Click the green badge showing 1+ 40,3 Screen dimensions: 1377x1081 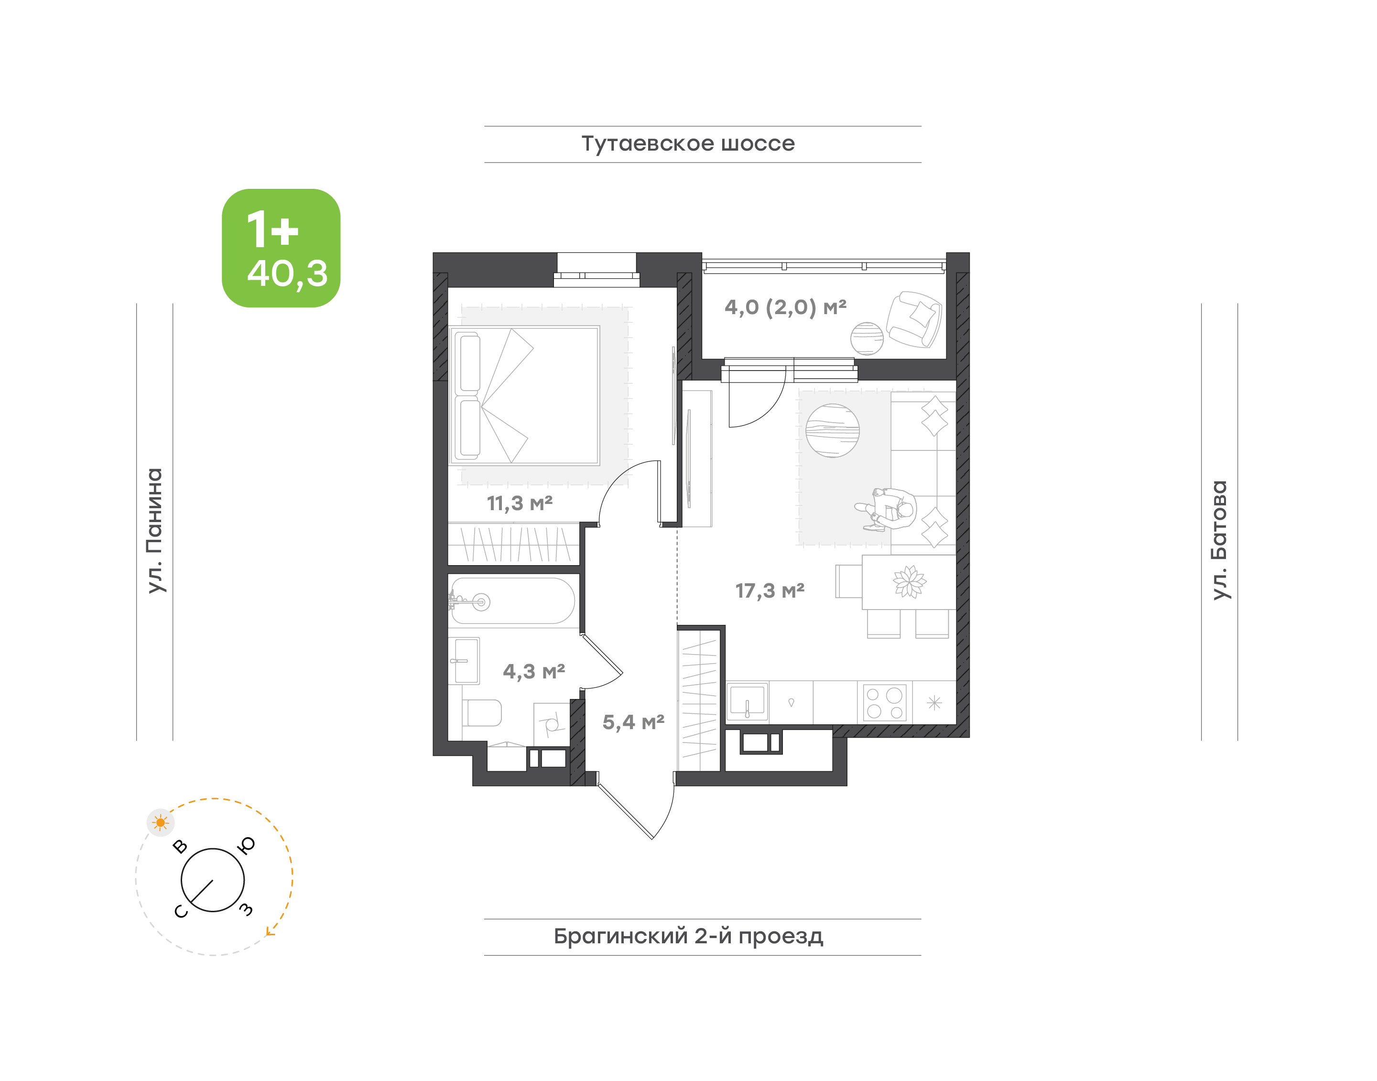pyautogui.click(x=281, y=248)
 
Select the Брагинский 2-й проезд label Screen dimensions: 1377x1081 pyautogui.click(x=688, y=936)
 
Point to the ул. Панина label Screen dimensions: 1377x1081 pyautogui.click(x=154, y=530)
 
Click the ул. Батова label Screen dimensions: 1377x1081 pyautogui.click(x=1219, y=540)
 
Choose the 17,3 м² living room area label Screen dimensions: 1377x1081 pyautogui.click(x=770, y=590)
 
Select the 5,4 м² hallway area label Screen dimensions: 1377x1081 pyautogui.click(x=633, y=721)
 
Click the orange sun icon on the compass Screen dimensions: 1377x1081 pyautogui.click(x=161, y=823)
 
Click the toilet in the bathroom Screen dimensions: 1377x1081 pyautogui.click(x=482, y=713)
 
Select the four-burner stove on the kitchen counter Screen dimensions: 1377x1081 pyautogui.click(x=885, y=702)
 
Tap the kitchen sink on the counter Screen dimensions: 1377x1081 pyautogui.click(x=748, y=701)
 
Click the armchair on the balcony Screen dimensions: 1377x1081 pyautogui.click(x=914, y=319)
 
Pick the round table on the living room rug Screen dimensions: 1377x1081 pyautogui.click(x=832, y=430)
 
